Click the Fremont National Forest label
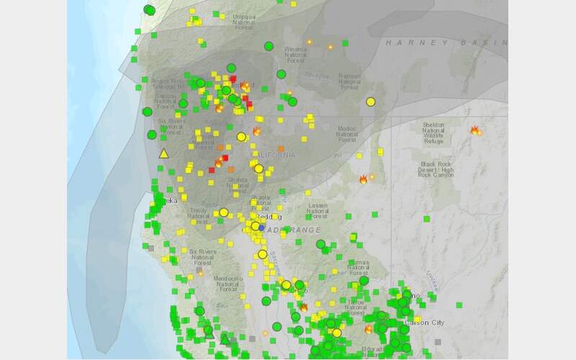coord(349,81)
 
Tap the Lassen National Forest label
coord(318,211)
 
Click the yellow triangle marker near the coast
coord(163,153)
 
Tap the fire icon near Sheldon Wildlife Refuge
coord(475,130)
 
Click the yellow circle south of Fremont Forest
coord(371,102)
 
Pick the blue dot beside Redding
coord(263,228)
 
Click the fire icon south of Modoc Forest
coord(364,179)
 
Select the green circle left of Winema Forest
coord(269,46)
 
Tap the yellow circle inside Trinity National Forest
coord(224,212)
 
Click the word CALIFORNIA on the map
coord(273,156)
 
